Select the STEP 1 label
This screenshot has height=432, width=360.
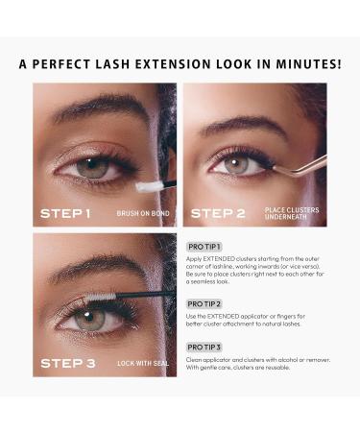point(65,212)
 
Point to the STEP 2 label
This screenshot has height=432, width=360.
point(218,212)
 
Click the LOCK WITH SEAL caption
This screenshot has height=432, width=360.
point(140,364)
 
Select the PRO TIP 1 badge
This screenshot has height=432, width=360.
point(204,247)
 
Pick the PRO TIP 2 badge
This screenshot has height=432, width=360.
point(204,303)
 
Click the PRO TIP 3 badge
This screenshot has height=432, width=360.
point(204,347)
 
